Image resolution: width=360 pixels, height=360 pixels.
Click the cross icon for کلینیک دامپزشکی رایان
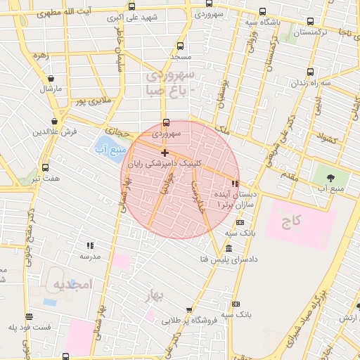point(165,153)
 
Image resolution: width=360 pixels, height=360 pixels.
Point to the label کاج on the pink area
point(290,223)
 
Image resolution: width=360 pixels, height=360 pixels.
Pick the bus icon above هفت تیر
point(46,167)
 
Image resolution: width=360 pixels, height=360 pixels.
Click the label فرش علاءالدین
point(53,131)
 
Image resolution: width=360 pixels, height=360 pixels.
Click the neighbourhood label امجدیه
point(73,284)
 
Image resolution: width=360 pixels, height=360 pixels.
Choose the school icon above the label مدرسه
point(90,245)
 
